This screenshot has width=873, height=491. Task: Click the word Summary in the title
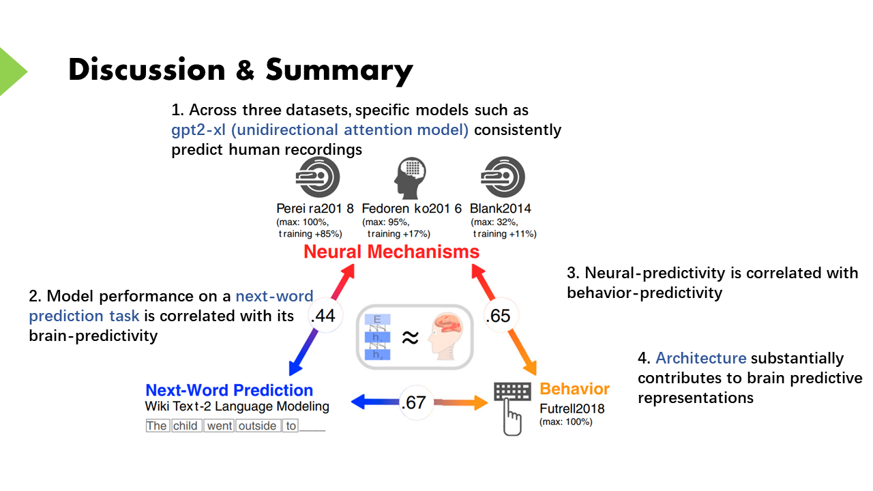[339, 70]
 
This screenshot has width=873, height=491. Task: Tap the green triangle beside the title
[12, 71]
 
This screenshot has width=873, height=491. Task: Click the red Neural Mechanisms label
[391, 252]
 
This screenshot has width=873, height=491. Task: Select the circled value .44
[321, 316]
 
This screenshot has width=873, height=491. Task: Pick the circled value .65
[498, 316]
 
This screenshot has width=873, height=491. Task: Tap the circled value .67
[413, 402]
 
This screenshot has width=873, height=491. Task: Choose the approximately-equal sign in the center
[409, 337]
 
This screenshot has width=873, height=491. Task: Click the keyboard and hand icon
[512, 405]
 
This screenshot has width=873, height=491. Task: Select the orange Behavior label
[574, 389]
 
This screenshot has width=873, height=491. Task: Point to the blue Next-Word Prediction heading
[229, 391]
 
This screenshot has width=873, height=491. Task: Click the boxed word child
[185, 426]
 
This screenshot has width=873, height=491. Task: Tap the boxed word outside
[257, 426]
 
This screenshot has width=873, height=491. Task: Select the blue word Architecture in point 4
[701, 359]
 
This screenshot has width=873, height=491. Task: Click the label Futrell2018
[572, 408]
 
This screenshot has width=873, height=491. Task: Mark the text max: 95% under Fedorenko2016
[386, 222]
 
